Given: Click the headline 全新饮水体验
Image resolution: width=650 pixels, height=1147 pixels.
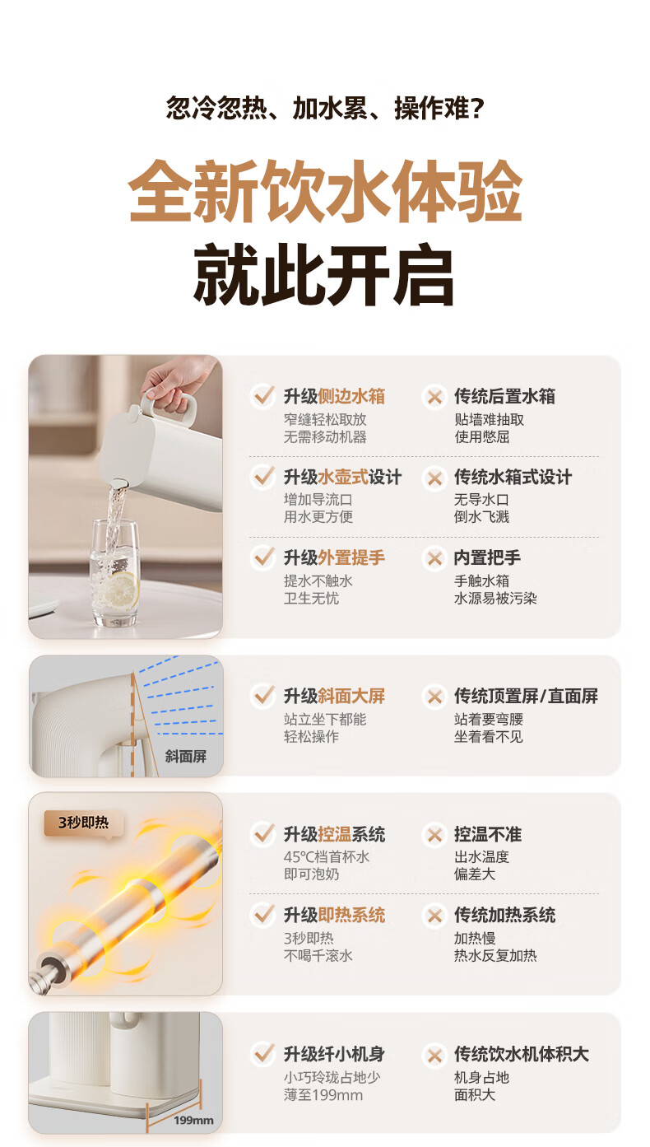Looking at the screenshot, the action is pos(325,192).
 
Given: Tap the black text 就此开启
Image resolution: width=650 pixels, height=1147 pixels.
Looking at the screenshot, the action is pos(323,275).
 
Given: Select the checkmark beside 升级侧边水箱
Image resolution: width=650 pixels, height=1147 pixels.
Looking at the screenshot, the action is pos(263,396).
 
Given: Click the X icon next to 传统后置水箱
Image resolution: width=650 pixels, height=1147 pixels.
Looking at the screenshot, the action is pos(434,397).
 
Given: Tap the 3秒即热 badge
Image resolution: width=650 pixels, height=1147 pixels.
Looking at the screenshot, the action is pos(83,823).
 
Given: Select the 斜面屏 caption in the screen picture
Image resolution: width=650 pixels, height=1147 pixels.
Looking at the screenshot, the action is pos(186,757).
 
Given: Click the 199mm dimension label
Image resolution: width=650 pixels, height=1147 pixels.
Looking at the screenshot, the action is pos(193,1121).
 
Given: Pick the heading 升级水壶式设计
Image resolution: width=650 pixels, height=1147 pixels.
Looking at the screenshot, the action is pos(342,478).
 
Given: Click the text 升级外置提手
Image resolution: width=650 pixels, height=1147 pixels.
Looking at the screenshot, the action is pos(334,557).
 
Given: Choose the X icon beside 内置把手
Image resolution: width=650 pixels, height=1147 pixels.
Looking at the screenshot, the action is pos(434,558).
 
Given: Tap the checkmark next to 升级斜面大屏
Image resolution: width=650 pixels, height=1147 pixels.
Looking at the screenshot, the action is pos(263,696).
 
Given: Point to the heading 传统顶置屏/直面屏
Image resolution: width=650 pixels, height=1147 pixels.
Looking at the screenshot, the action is pos(526,697).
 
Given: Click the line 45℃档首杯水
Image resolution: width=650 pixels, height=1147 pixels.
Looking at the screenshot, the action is pos(327,857).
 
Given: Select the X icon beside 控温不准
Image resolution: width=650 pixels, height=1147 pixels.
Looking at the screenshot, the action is pos(434,835).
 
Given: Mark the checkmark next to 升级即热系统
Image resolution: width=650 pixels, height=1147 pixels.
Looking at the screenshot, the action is pos(263,915).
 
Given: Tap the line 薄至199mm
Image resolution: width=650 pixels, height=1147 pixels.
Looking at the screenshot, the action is pos(323,1095).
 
